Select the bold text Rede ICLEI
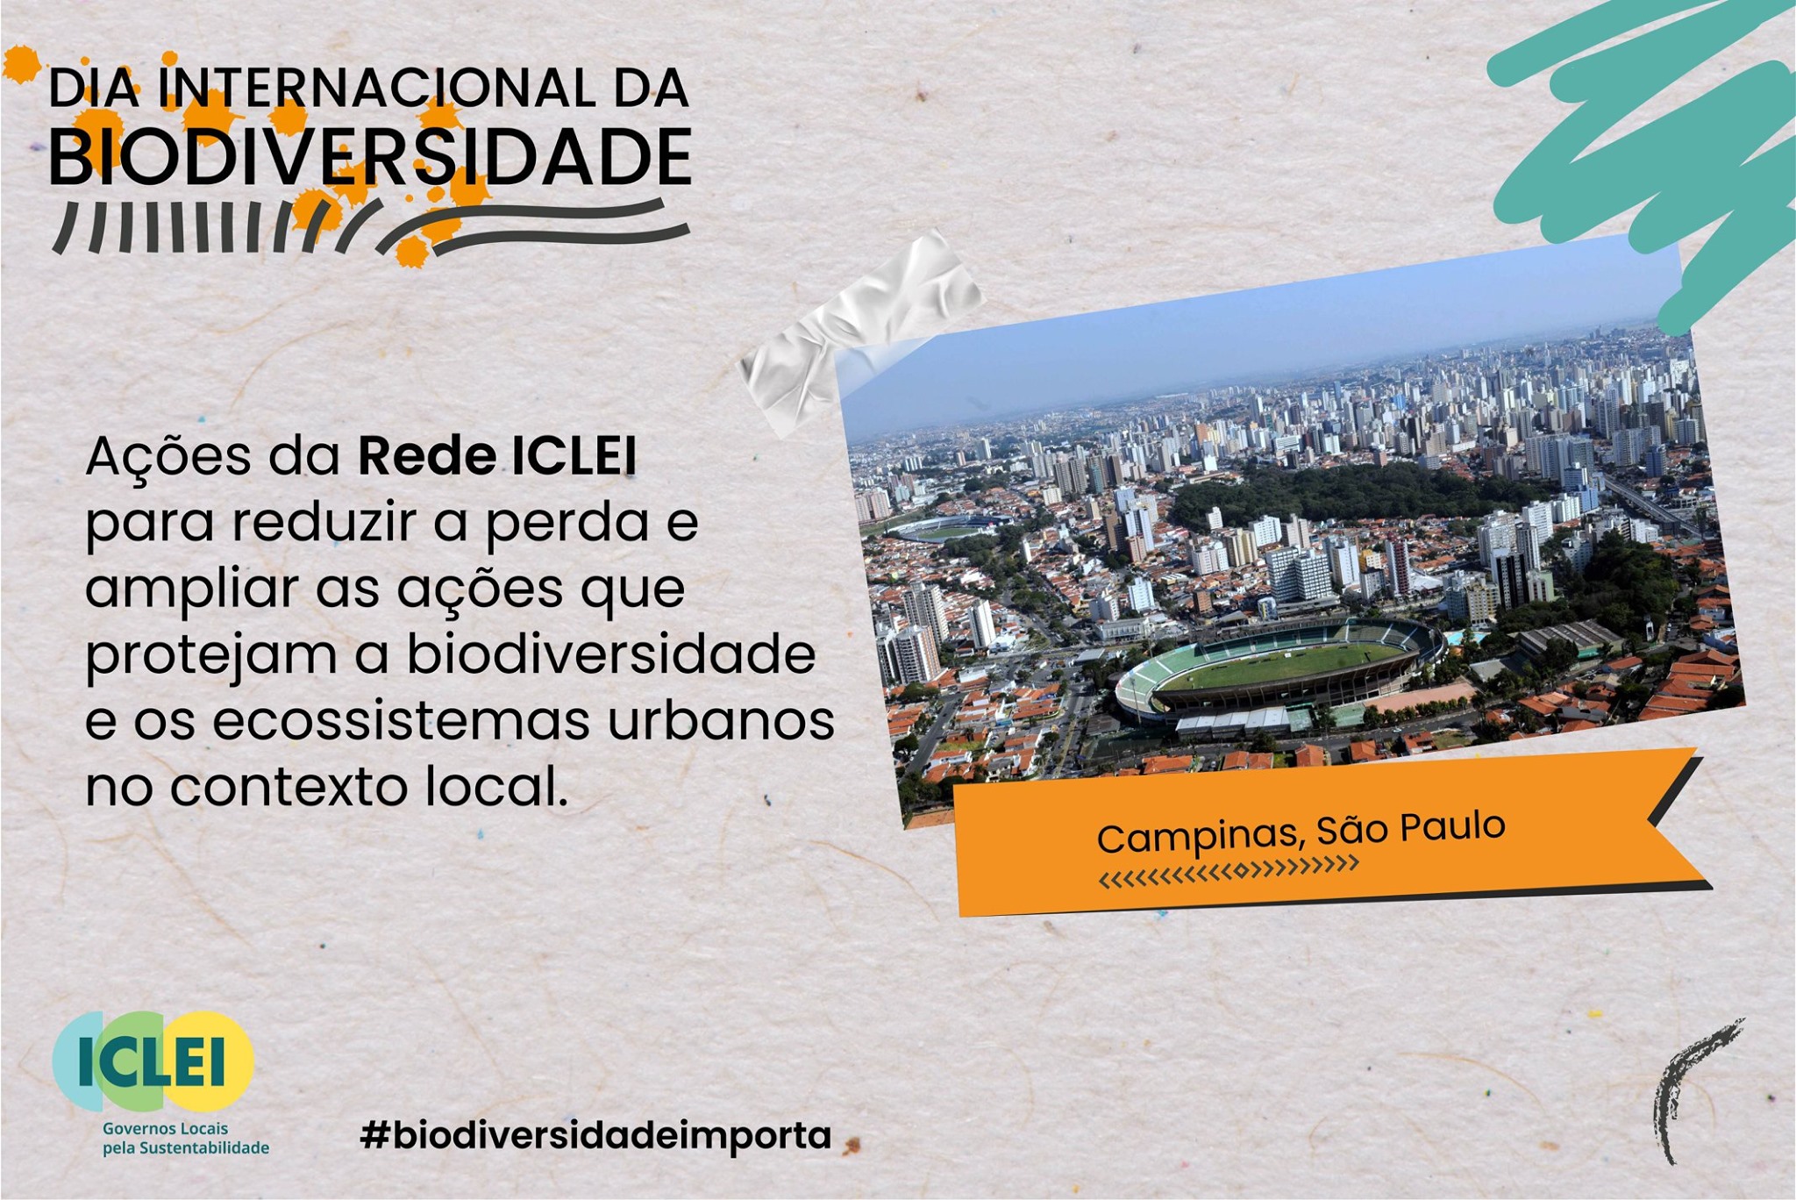pyautogui.click(x=497, y=456)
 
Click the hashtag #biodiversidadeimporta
pyautogui.click(x=595, y=1135)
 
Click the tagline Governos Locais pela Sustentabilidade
pyautogui.click(x=186, y=1139)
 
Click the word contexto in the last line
pyautogui.click(x=289, y=787)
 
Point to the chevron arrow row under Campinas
pyautogui.click(x=1229, y=871)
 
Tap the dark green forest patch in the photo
pyautogui.click(x=1351, y=493)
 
